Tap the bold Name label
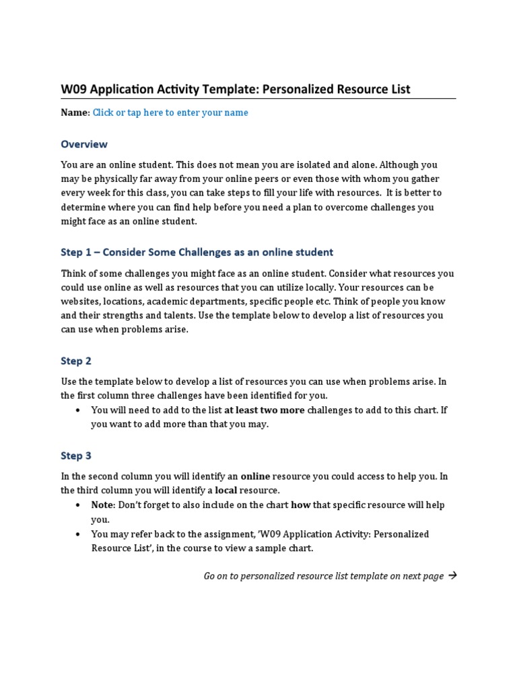74,113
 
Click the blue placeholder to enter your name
170,113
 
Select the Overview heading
84,144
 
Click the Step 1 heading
197,252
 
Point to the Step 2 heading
76,361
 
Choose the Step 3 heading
76,456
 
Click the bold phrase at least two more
265,410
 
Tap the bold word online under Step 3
255,476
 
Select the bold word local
226,490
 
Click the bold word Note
103,505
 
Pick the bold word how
300,505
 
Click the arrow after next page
452,575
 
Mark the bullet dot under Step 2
79,410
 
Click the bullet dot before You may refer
79,534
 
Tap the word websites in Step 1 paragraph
81,301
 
